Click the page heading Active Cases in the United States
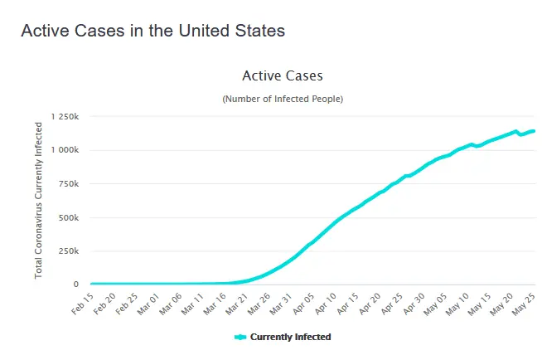point(152,31)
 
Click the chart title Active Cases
point(282,75)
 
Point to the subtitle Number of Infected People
point(282,99)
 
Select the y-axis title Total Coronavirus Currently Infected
point(38,199)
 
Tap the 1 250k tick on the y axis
point(64,117)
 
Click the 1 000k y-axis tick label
point(64,150)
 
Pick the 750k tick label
point(68,184)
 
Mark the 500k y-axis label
point(68,217)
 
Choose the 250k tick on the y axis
point(68,251)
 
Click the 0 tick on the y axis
point(75,285)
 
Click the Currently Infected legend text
point(290,337)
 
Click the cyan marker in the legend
point(240,337)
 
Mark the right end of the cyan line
point(533,130)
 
